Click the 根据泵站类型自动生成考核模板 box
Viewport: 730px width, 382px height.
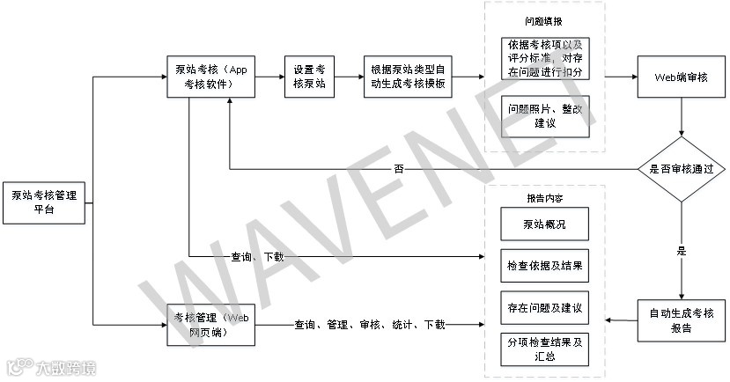(407, 77)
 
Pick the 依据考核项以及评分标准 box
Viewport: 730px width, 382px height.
(544, 57)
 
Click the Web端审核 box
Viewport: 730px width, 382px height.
(680, 77)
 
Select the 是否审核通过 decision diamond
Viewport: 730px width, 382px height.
(680, 168)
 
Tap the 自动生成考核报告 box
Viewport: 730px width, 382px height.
(680, 320)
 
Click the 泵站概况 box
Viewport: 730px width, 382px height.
(544, 224)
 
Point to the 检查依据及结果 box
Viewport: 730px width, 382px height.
(544, 265)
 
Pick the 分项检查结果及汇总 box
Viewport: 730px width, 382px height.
(544, 349)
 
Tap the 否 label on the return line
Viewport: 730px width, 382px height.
(398, 169)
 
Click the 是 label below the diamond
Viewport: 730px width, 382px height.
(680, 251)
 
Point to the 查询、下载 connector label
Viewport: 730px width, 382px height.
(257, 257)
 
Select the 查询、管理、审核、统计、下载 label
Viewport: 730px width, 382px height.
(370, 325)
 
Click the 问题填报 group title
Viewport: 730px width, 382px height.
(543, 18)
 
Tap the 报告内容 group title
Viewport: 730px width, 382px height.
(543, 198)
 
